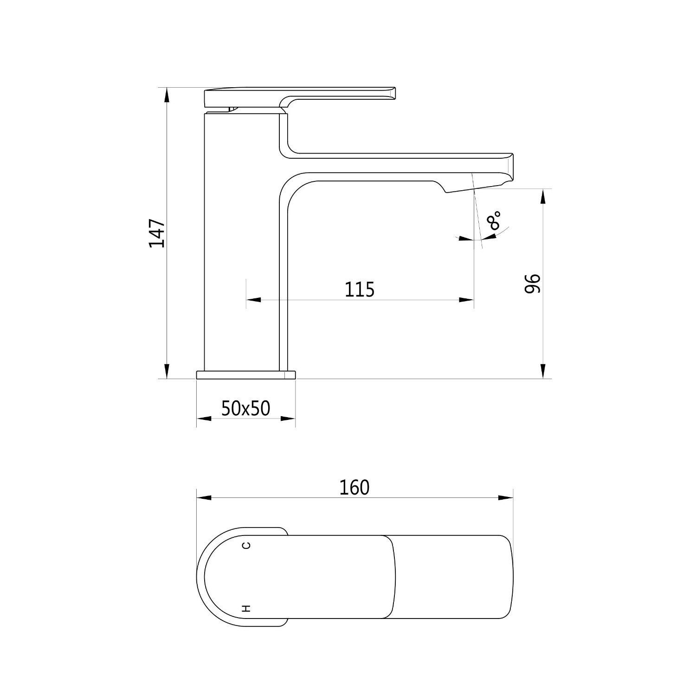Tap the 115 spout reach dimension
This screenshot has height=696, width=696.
(360, 290)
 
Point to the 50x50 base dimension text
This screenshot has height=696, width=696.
(245, 408)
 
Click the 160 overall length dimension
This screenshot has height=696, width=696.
(354, 488)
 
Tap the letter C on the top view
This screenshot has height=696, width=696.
(247, 545)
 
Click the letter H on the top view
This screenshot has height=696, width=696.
(247, 608)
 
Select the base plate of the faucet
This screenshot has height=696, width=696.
(246, 375)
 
